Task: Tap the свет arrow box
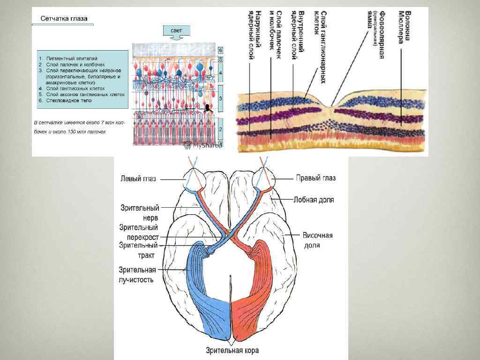click(173, 31)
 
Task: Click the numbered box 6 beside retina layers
click(221, 50)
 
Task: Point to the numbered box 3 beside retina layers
click(221, 98)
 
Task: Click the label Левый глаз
click(138, 179)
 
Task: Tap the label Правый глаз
click(315, 178)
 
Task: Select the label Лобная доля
click(314, 199)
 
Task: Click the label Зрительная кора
click(232, 350)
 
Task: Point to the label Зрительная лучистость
click(137, 275)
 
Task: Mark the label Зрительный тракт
click(139, 250)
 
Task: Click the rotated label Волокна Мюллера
click(404, 26)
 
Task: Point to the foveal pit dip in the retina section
click(332, 106)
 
